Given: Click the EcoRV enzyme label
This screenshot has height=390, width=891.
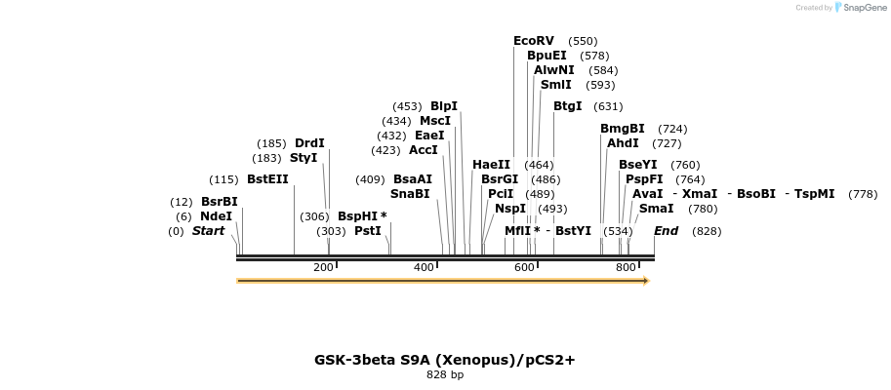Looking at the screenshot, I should pos(533,41).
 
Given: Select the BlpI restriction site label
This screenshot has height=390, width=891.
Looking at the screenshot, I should pos(444,106).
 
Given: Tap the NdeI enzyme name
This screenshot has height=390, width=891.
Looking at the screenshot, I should pos(216,216).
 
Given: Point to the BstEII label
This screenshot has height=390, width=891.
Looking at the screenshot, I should pos(267,179).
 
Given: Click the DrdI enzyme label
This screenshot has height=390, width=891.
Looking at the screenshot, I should pos(309,143).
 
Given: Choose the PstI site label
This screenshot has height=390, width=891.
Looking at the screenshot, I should pos(367,231).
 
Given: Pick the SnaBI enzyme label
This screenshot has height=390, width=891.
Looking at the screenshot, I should pos(410,194).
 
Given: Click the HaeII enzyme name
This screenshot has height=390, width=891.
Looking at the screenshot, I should pos(491,165).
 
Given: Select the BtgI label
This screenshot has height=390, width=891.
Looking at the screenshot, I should pos(567,106).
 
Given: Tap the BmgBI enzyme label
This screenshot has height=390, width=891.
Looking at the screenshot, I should pos(622,129).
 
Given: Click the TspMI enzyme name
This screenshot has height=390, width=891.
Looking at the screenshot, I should pos(814,194).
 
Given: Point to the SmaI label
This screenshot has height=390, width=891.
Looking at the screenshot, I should pos(656,209).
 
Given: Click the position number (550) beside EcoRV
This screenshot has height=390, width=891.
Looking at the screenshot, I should pos(583,41).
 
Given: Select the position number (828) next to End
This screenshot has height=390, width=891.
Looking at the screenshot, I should pos(707,231).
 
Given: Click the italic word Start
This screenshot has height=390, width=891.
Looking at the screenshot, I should pos(208,231).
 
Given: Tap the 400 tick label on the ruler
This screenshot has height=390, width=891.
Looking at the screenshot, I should pos(424,267).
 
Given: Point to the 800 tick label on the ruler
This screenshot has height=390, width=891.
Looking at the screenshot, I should pos(626,267).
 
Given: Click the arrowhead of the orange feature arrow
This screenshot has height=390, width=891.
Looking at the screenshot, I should pos(645,281).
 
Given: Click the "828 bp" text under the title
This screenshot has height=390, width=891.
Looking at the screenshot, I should pos(445,374).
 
